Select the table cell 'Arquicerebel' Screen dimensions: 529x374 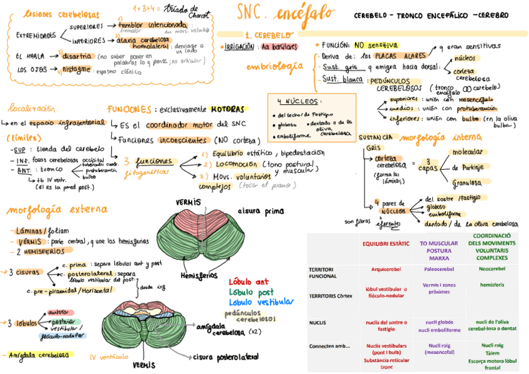click(x=386, y=269)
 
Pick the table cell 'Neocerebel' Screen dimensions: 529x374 click(x=492, y=269)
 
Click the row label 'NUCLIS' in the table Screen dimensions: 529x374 click(x=319, y=323)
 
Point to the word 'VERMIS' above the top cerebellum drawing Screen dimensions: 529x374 click(x=188, y=202)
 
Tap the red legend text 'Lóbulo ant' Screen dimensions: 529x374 click(x=249, y=282)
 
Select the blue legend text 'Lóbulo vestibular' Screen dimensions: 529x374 click(x=261, y=302)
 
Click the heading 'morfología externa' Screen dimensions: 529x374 click(x=56, y=209)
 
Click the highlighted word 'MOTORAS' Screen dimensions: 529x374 click(x=227, y=109)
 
